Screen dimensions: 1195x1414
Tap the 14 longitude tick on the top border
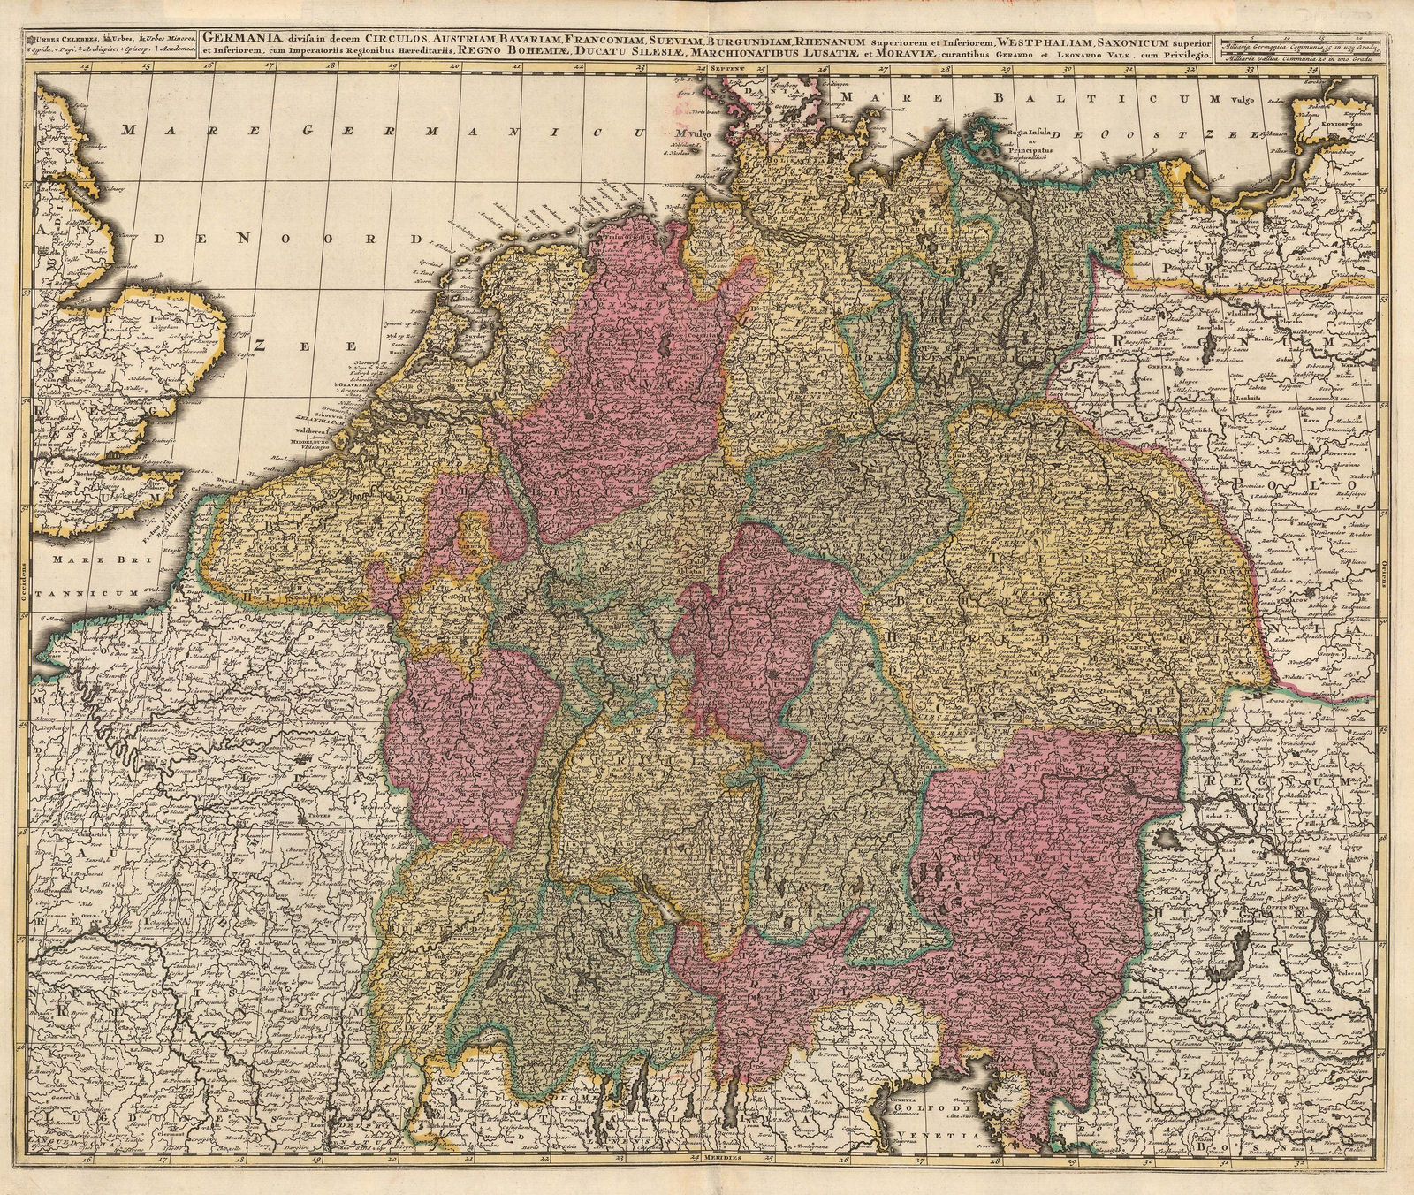coord(83,65)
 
